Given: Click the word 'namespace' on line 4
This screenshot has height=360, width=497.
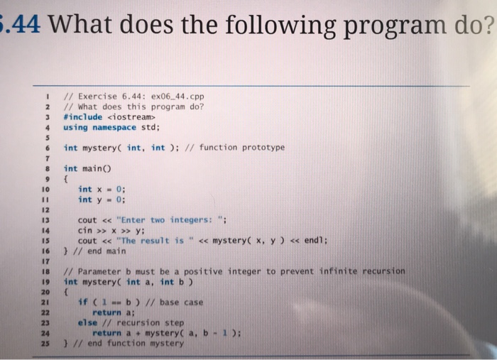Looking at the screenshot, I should click(x=114, y=127).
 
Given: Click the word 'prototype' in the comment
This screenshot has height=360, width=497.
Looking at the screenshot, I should click(x=262, y=148).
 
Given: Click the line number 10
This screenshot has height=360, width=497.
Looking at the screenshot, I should click(x=44, y=190).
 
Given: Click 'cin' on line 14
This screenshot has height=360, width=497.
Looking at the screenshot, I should click(x=85, y=230).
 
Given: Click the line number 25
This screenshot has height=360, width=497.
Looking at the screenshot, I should click(x=44, y=344).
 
